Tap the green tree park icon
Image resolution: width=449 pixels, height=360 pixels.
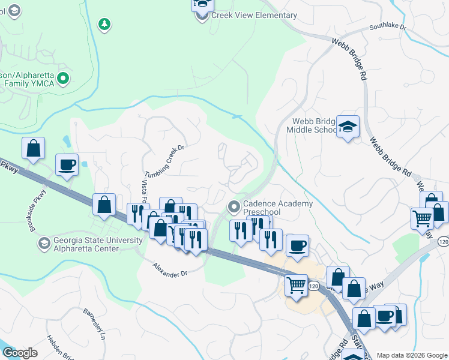point(105,24)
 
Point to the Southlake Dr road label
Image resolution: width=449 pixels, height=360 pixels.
point(388,28)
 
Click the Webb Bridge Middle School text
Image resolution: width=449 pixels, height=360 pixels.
point(312,125)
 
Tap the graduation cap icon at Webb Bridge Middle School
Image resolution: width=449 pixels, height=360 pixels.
point(348,127)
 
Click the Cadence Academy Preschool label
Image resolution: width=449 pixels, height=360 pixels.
point(278,208)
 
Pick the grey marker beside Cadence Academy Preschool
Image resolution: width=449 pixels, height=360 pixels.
point(234,208)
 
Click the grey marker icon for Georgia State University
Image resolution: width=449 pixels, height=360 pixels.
point(44,244)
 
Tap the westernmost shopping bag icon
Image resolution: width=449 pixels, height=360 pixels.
point(34,148)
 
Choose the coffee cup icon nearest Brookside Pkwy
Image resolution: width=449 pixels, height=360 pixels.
point(67,164)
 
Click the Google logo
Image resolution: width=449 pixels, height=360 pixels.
point(19,353)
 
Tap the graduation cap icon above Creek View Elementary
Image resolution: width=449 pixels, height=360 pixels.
point(203,5)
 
